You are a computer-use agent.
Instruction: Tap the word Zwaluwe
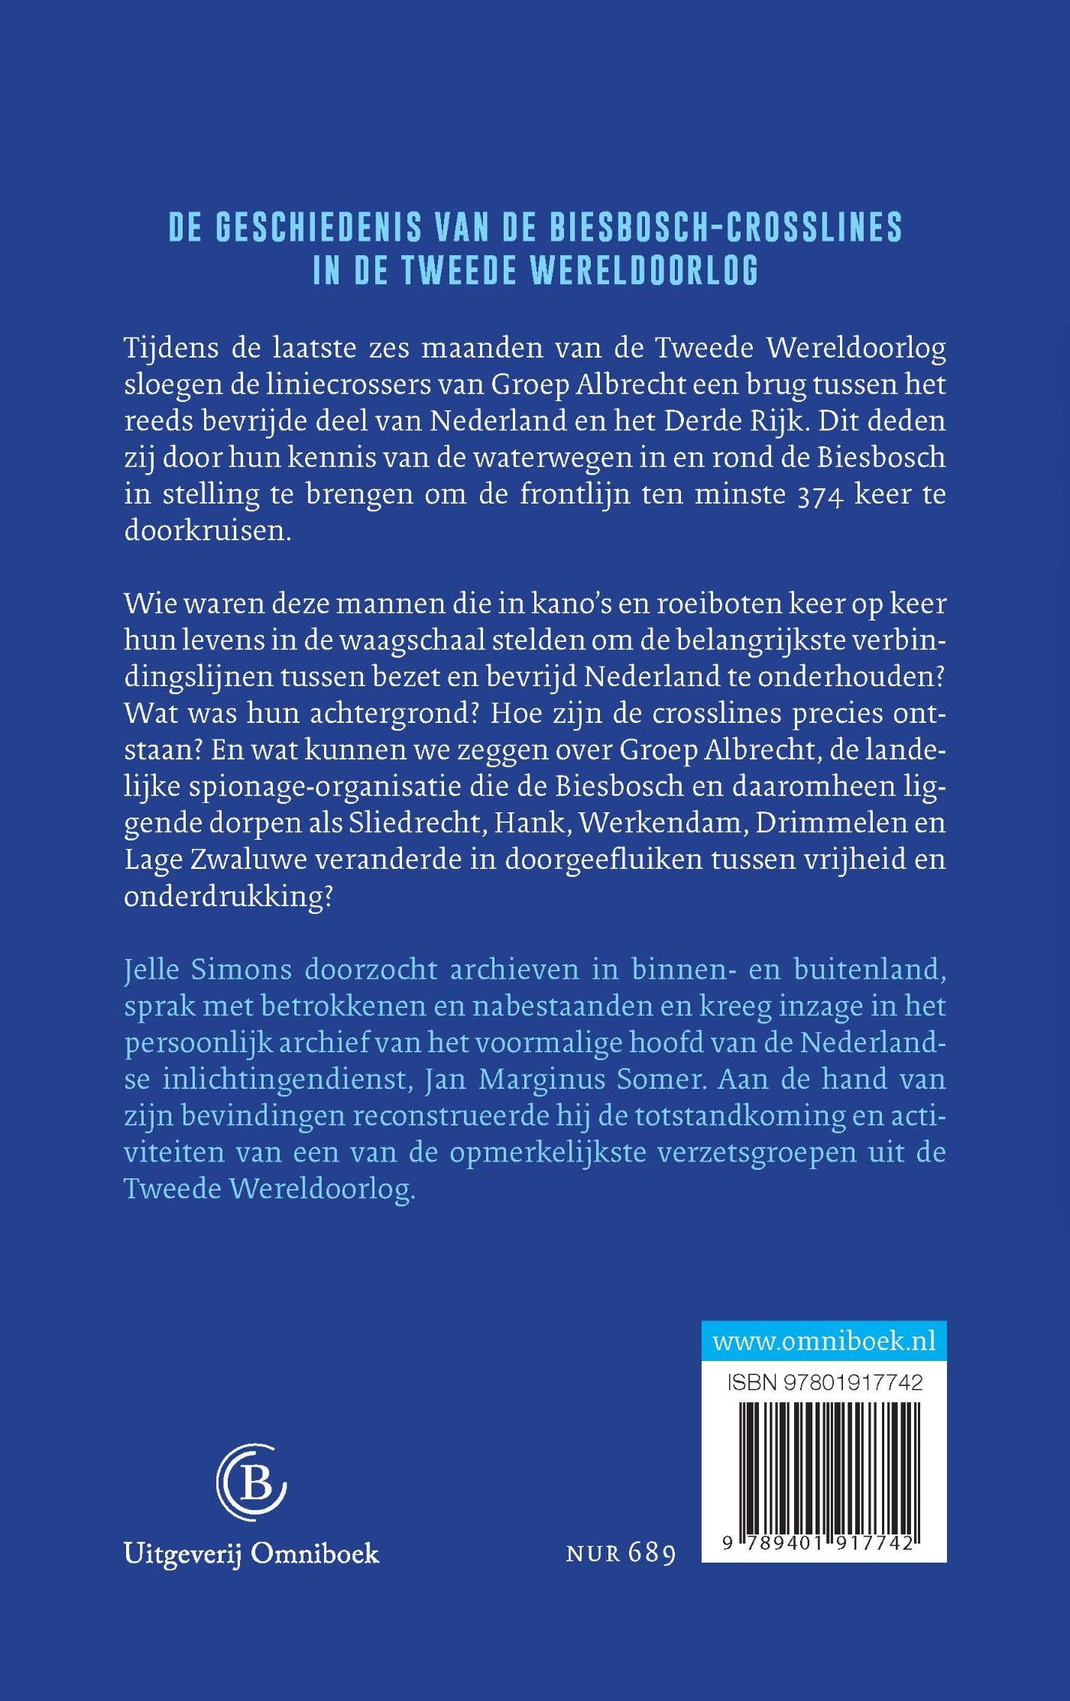pyautogui.click(x=248, y=859)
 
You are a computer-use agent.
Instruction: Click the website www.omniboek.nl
pyautogui.click(x=824, y=1341)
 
